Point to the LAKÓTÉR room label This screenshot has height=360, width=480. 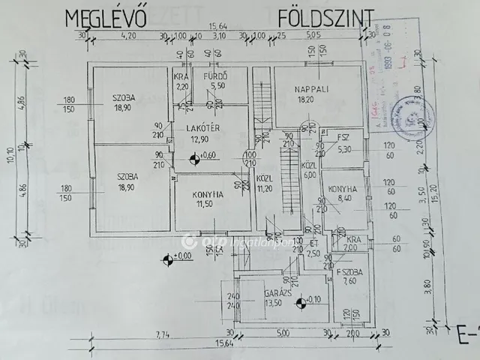202,128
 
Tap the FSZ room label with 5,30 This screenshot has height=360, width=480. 343,138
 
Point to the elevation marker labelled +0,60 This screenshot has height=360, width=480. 195,156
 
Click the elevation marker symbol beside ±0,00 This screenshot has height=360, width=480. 166,259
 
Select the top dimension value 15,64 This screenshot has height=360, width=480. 220,25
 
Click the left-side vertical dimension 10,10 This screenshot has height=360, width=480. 10,154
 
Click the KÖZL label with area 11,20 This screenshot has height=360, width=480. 265,182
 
